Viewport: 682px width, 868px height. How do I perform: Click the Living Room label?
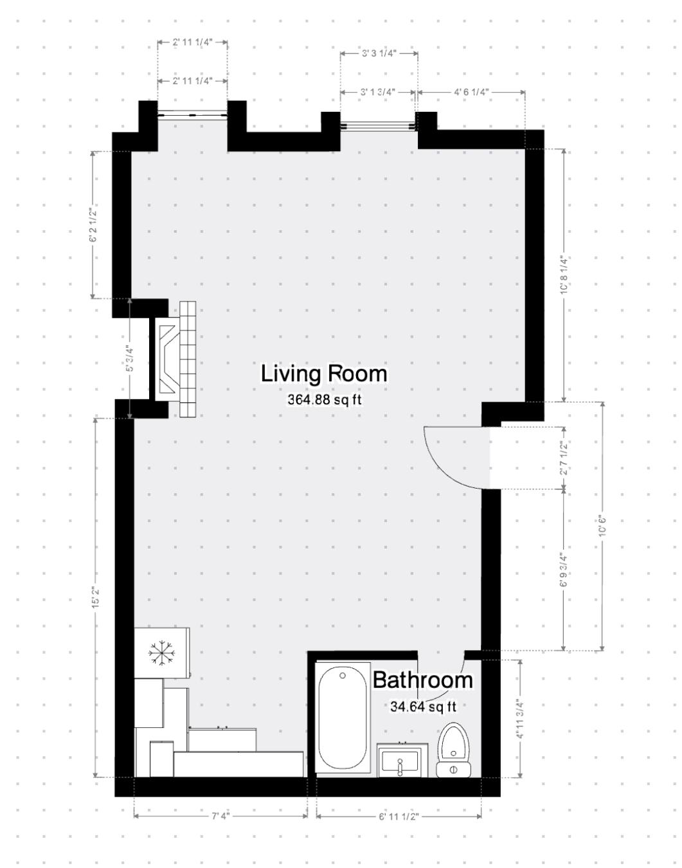pyautogui.click(x=324, y=374)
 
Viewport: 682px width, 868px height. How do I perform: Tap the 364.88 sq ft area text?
pyautogui.click(x=324, y=400)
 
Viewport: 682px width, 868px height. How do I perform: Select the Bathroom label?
pyautogui.click(x=422, y=680)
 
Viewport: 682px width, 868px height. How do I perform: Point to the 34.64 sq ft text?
pyautogui.click(x=423, y=707)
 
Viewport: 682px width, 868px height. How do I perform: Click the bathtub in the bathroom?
pyautogui.click(x=343, y=717)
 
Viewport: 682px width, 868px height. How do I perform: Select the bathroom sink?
pyautogui.click(x=402, y=760)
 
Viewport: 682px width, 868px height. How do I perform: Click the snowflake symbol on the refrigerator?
pyautogui.click(x=161, y=653)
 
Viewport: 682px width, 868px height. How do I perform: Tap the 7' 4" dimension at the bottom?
pyautogui.click(x=220, y=816)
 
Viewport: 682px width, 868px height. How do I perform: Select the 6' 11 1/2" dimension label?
pyautogui.click(x=399, y=816)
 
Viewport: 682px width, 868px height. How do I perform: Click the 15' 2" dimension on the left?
pyautogui.click(x=95, y=598)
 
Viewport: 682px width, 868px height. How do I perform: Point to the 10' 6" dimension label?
pyautogui.click(x=602, y=525)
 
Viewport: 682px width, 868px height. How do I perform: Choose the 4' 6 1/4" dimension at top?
pyautogui.click(x=472, y=92)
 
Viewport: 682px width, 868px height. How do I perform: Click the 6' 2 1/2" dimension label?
pyautogui.click(x=93, y=225)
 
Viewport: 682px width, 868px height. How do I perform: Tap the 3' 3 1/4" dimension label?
pyautogui.click(x=379, y=53)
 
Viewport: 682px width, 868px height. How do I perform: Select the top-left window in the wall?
pyautogui.click(x=193, y=115)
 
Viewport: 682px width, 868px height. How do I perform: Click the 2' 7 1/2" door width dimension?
pyautogui.click(x=564, y=458)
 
